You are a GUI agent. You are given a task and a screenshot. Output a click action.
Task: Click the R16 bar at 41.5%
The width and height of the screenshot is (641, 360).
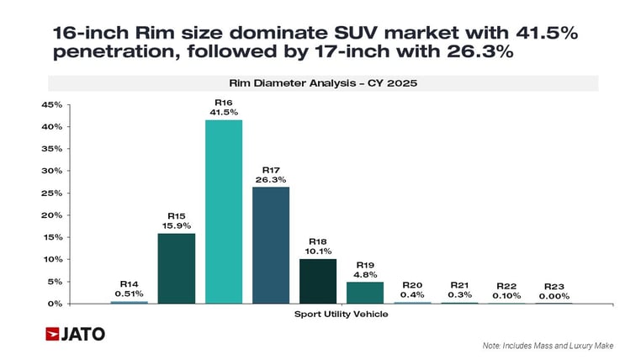[x=224, y=211]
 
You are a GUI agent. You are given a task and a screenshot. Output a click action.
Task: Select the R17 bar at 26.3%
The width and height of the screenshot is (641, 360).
[x=271, y=245]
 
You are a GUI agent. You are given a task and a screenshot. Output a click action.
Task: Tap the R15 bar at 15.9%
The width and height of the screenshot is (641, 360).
[x=177, y=267]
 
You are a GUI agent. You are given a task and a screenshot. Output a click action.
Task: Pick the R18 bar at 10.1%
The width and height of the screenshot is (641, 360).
[x=318, y=281]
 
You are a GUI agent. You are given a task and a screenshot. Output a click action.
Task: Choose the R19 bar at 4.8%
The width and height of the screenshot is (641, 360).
[x=365, y=293]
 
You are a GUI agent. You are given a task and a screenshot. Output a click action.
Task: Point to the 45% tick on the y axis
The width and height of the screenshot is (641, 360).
[x=51, y=105]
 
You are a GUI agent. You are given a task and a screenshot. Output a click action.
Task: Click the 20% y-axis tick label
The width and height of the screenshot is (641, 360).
[x=51, y=215]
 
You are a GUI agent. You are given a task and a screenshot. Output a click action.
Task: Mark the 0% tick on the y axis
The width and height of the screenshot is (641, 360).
[x=54, y=304]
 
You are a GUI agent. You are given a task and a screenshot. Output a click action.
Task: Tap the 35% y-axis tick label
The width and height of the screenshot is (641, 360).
[x=51, y=149]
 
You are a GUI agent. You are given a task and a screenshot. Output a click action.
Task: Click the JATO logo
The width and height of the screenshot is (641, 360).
[x=76, y=334]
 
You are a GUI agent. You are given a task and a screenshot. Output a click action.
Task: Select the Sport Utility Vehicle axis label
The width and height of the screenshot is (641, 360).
[x=341, y=314]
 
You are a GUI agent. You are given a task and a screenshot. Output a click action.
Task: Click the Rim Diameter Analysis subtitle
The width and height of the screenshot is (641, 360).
[x=322, y=83]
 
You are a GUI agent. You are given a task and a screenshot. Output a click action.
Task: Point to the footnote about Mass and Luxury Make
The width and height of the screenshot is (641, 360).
[x=548, y=346]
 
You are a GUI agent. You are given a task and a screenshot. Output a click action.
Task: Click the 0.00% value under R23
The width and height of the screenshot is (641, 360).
[x=554, y=296]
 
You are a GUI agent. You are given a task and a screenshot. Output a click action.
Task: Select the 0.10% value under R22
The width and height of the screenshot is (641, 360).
[x=506, y=296]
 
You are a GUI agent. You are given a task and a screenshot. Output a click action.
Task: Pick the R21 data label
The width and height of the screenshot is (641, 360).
[x=459, y=285]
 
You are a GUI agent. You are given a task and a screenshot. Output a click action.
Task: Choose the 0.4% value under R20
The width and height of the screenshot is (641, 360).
[x=412, y=296]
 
